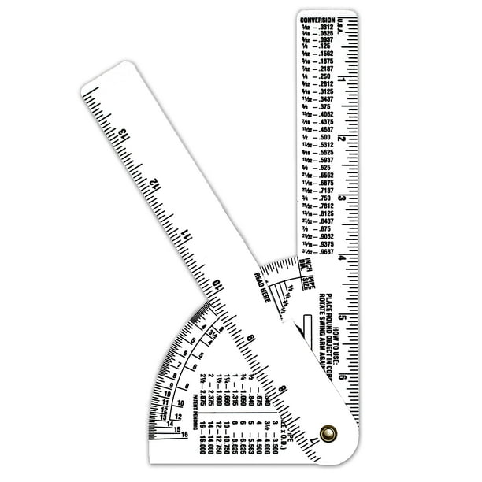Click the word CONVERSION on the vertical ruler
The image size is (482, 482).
tap(319, 18)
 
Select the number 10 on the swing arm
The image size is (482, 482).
tap(220, 284)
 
